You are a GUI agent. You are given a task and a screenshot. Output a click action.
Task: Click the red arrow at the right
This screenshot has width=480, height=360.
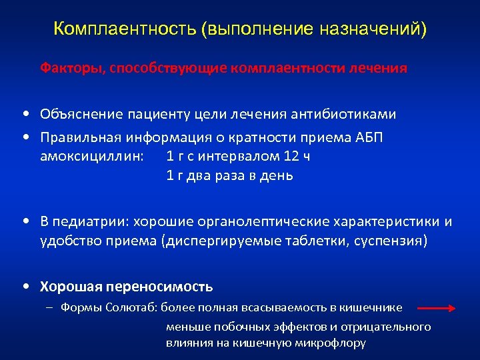click(x=437, y=308)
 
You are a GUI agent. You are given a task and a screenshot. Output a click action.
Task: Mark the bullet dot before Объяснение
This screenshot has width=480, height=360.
click(x=24, y=114)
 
